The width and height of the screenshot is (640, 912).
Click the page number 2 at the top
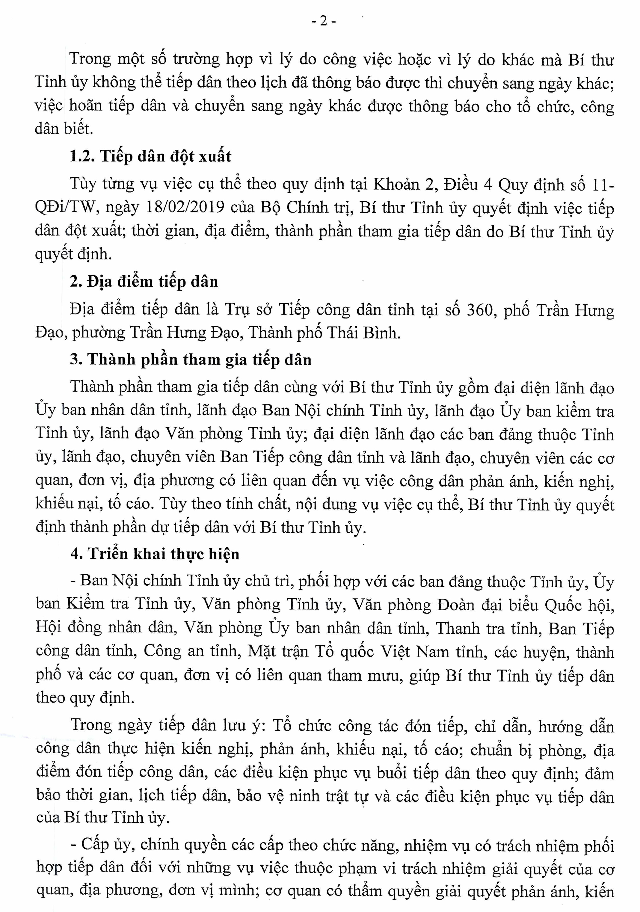click(x=323, y=22)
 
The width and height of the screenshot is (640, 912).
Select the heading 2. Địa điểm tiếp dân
click(x=144, y=282)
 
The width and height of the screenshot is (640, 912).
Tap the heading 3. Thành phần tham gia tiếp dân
click(x=191, y=360)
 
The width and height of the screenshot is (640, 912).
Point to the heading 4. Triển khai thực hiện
click(x=155, y=554)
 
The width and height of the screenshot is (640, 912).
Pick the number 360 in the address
click(x=479, y=309)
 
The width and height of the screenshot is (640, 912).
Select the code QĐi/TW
click(x=60, y=208)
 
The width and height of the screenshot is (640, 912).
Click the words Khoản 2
click(x=404, y=185)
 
